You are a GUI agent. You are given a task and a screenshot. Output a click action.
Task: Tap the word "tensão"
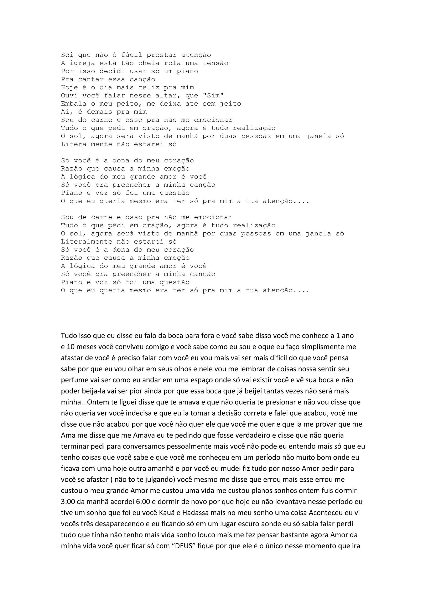coord(215,63)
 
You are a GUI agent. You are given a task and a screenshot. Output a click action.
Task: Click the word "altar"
coord(168,96)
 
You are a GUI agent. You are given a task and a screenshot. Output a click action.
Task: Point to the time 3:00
coord(68,502)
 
